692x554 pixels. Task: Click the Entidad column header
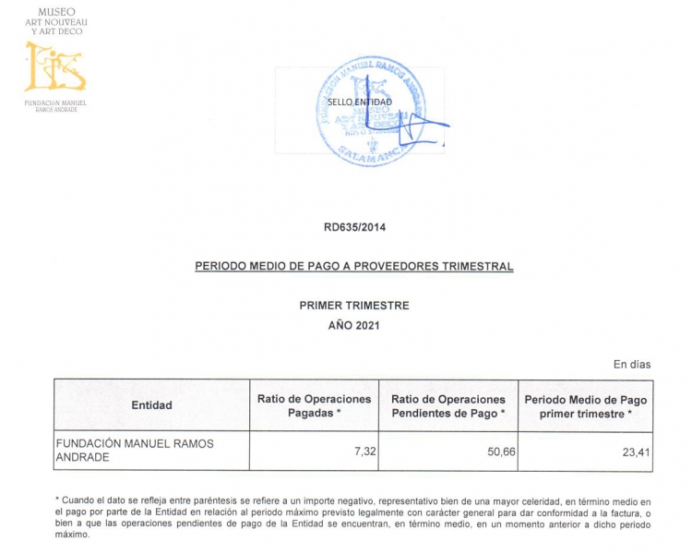pyautogui.click(x=151, y=405)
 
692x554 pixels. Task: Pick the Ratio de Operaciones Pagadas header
pyautogui.click(x=314, y=405)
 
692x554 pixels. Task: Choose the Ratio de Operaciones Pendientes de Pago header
pyautogui.click(x=448, y=405)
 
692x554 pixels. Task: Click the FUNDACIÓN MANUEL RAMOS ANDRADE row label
pyautogui.click(x=135, y=450)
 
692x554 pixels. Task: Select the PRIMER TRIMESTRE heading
pyautogui.click(x=353, y=306)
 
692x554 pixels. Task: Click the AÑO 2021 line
pyautogui.click(x=353, y=325)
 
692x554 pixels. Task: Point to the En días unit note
pyautogui.click(x=632, y=365)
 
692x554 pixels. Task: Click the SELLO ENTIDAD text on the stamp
pyautogui.click(x=360, y=102)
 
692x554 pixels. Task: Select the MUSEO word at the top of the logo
pyautogui.click(x=55, y=12)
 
